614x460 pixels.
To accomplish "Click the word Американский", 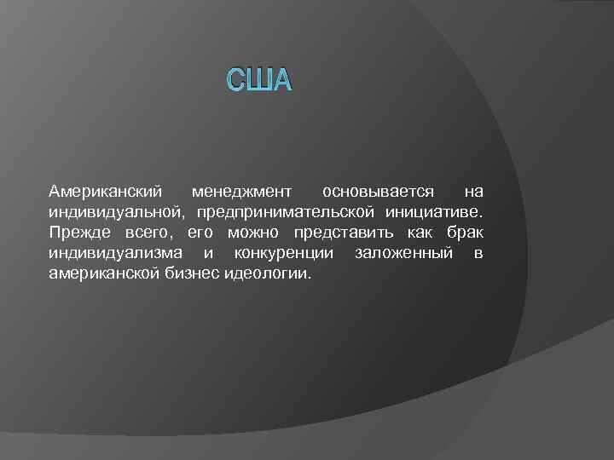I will (x=102, y=191).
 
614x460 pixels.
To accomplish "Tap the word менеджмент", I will (x=241, y=191).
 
